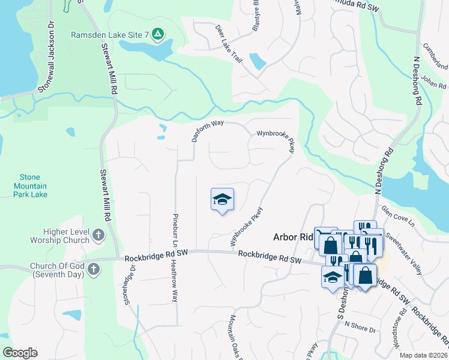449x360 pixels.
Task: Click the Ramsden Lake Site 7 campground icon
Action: point(157,34)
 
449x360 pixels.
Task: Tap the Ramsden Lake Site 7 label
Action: point(110,35)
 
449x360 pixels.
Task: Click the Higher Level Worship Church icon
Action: point(98,236)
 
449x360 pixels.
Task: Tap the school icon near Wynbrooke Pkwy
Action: point(222,200)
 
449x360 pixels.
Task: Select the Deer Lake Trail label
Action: point(229,44)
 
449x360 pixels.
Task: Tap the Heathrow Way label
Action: point(175,281)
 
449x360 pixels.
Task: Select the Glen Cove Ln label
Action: point(397,216)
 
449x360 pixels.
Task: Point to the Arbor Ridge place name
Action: point(294,237)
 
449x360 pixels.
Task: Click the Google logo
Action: point(20,353)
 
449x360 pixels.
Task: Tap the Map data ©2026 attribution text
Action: point(423,355)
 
